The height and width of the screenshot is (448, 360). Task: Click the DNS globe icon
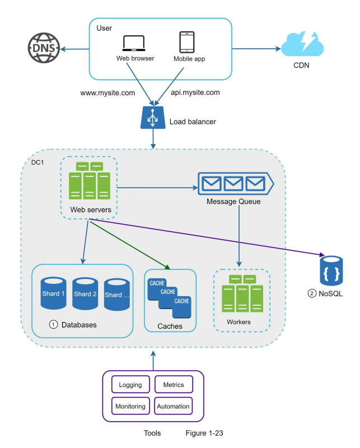(x=44, y=48)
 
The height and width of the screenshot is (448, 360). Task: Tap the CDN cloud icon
(x=302, y=44)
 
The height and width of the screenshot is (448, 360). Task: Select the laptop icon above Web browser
(x=134, y=43)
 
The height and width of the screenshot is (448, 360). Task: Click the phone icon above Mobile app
(x=187, y=42)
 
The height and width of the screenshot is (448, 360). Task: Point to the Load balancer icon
(x=153, y=118)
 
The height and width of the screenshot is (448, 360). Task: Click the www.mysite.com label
(x=107, y=93)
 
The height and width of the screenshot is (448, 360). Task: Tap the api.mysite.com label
(x=195, y=92)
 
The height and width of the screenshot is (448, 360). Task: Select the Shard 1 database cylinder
(x=53, y=293)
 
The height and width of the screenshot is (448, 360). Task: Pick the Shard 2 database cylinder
(x=85, y=293)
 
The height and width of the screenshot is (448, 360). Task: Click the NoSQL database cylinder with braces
(x=331, y=270)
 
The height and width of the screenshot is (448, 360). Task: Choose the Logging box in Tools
(x=130, y=385)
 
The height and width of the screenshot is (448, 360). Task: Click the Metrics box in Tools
(x=174, y=385)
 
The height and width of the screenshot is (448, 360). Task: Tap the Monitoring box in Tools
(x=130, y=406)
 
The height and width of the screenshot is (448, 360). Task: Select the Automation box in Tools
(x=173, y=406)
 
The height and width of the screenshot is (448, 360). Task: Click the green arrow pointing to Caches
(x=130, y=245)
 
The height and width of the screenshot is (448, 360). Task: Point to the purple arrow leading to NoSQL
(x=207, y=237)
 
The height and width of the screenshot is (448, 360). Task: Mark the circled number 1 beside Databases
(x=53, y=325)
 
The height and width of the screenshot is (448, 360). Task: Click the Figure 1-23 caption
(x=204, y=433)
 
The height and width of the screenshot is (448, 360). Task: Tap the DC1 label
(x=38, y=162)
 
